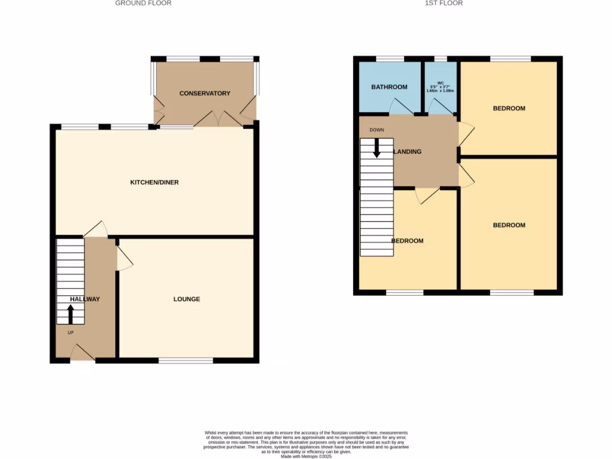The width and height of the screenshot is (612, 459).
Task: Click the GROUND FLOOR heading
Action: tap(143, 3)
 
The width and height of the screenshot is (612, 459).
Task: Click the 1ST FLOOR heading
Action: tap(443, 3)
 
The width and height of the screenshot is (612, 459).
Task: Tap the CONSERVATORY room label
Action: tap(205, 93)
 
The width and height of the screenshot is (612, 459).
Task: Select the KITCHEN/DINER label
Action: tap(155, 182)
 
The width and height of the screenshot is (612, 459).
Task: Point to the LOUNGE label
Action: tap(186, 299)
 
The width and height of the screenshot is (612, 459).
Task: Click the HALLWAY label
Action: tap(85, 299)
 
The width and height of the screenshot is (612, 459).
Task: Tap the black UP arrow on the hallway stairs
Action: tap(71, 314)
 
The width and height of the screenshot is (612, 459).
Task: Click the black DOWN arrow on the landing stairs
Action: tap(377, 148)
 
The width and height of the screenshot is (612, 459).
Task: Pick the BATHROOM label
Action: tap(389, 87)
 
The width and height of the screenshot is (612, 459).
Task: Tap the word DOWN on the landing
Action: tap(377, 130)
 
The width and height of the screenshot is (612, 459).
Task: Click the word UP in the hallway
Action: tap(71, 332)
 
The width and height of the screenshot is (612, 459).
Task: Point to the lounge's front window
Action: tap(186, 360)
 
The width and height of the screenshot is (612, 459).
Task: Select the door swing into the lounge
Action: tap(124, 259)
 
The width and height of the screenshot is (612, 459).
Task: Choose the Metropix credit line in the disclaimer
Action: tap(306, 457)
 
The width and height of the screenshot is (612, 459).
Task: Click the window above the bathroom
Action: tap(390, 59)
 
